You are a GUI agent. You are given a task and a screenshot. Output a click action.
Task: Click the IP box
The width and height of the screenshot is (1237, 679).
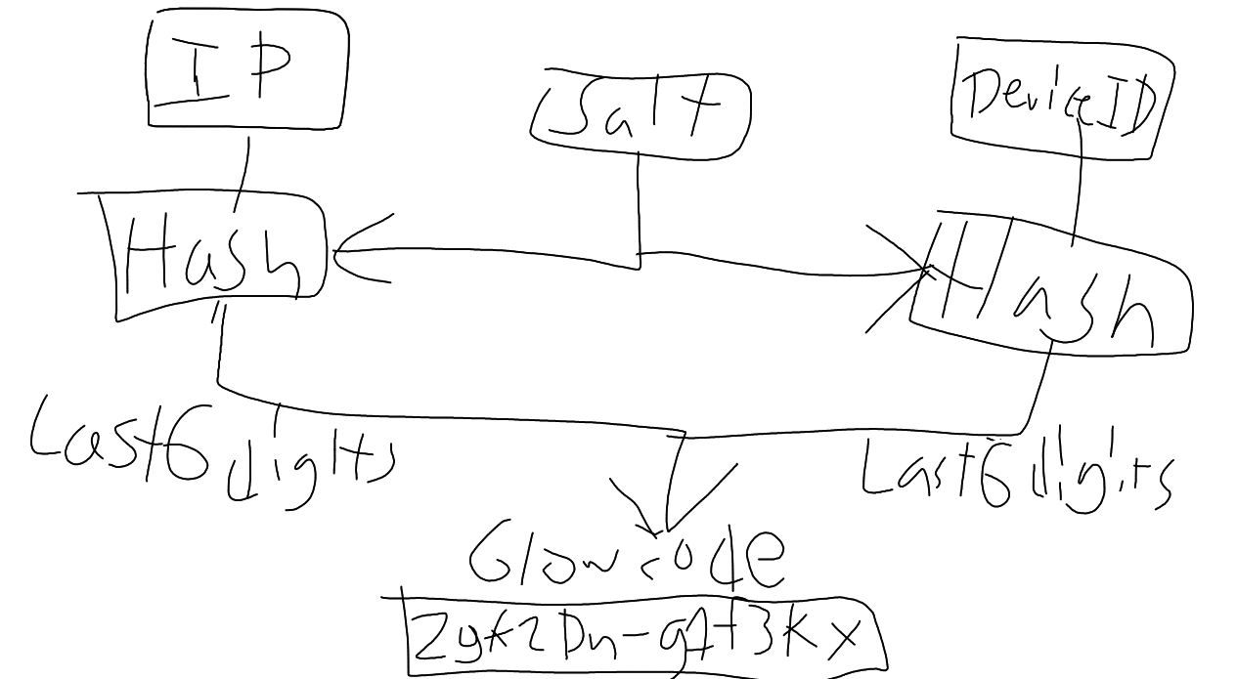pos(246,71)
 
